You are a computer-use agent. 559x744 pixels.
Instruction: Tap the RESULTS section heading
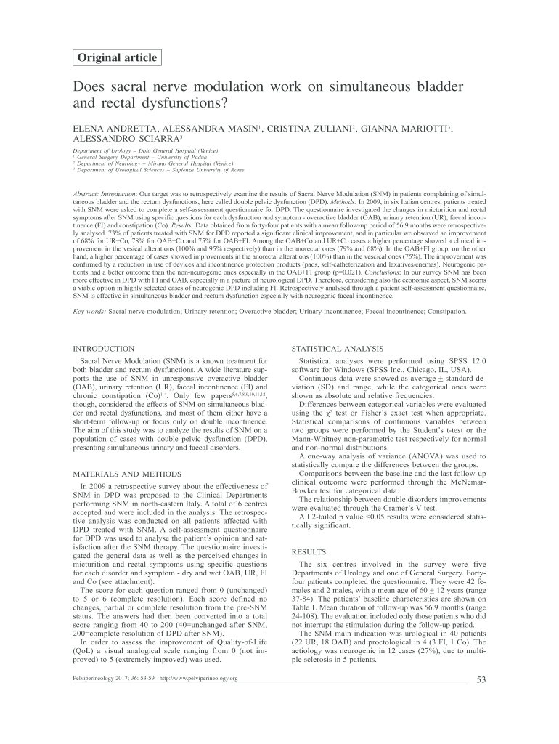click(x=309, y=552)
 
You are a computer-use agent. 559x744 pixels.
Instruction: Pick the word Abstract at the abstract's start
click(x=88, y=195)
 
